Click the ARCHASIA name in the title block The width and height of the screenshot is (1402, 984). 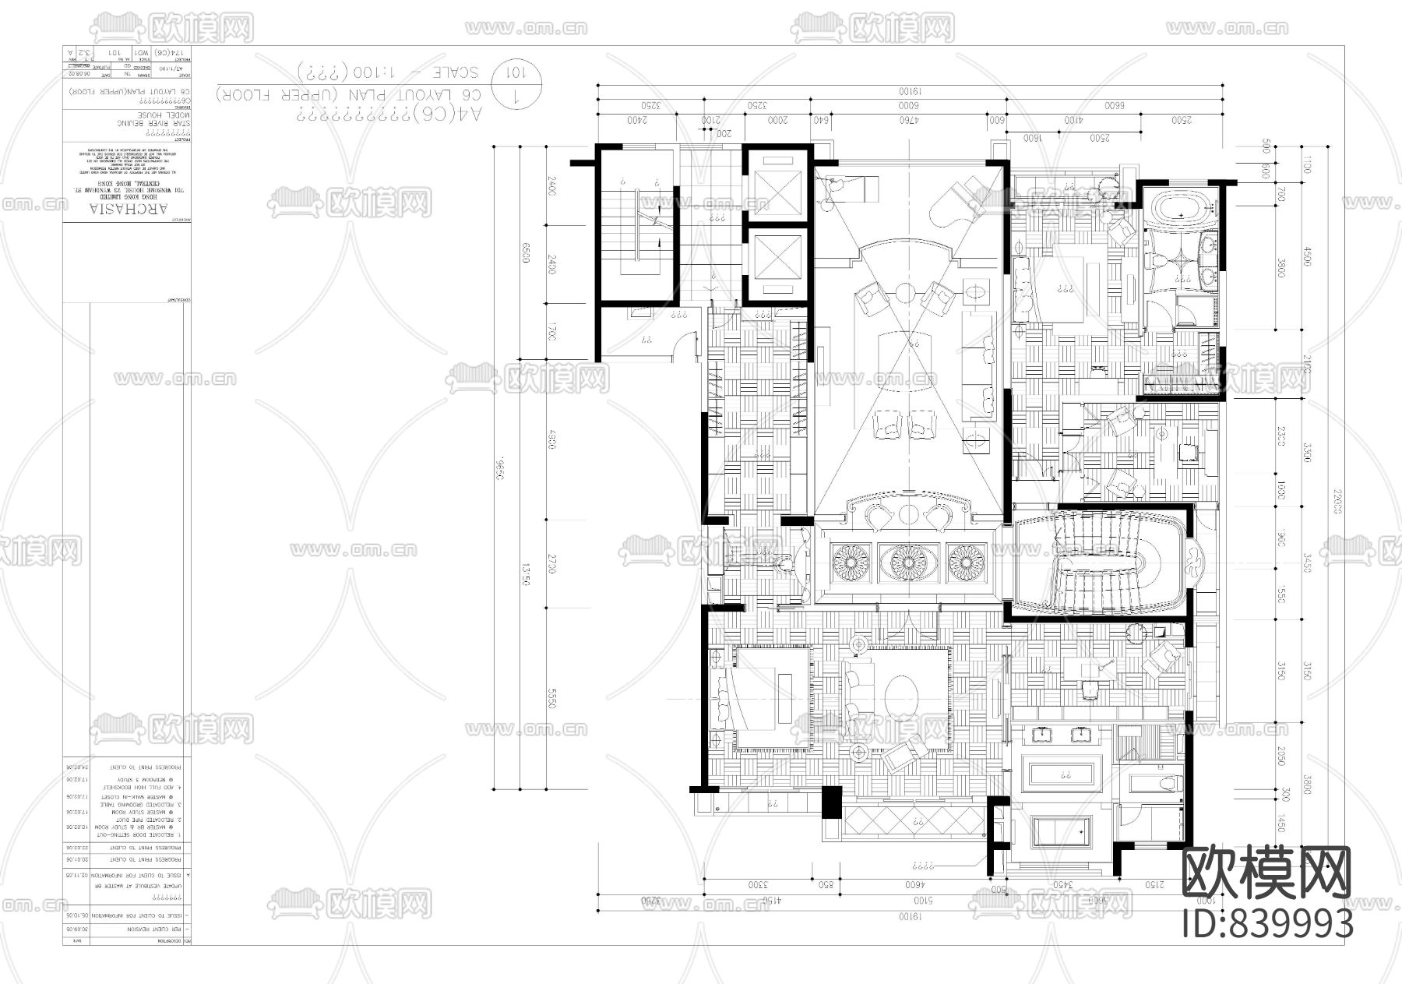pyautogui.click(x=129, y=210)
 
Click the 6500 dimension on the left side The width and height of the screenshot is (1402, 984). pyautogui.click(x=527, y=253)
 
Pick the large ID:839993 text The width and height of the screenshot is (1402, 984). pyautogui.click(x=1267, y=924)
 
